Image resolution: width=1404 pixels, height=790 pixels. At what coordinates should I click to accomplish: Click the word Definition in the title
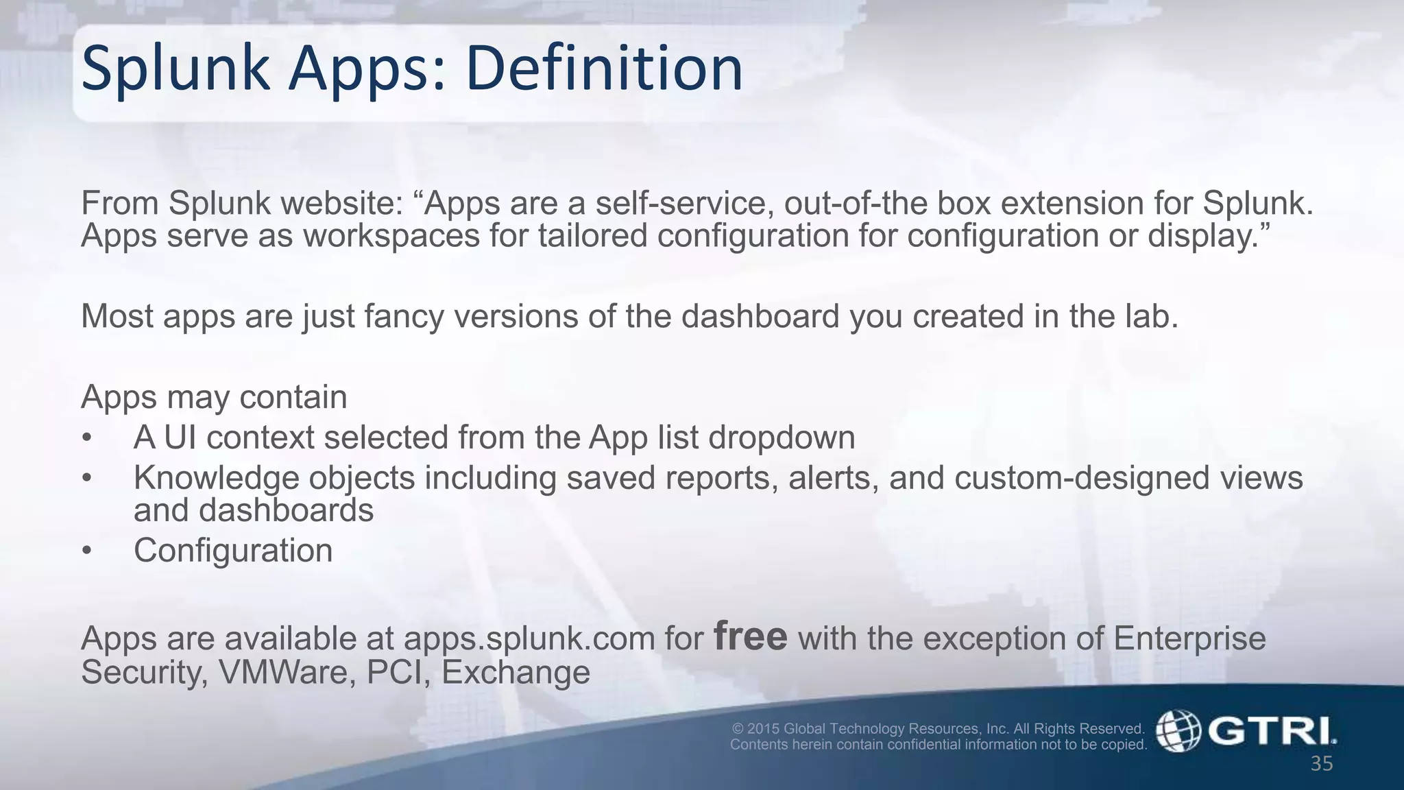pyautogui.click(x=604, y=69)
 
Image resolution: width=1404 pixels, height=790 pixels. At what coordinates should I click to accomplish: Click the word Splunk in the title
pyautogui.click(x=175, y=69)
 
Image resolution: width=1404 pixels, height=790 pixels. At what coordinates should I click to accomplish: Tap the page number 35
pyautogui.click(x=1322, y=764)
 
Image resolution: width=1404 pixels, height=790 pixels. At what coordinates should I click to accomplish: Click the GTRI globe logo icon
pyautogui.click(x=1178, y=731)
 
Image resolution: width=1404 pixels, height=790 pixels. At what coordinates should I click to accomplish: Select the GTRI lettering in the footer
pyautogui.click(x=1272, y=731)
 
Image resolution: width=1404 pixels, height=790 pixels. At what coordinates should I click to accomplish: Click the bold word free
pyautogui.click(x=750, y=636)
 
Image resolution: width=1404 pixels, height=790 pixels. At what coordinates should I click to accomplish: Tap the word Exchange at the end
pyautogui.click(x=516, y=672)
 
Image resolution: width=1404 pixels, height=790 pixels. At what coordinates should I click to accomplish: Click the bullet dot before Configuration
pyautogui.click(x=86, y=551)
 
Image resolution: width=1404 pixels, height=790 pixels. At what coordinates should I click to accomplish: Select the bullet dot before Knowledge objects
pyautogui.click(x=86, y=479)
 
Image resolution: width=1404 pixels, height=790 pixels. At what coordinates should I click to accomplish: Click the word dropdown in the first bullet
pyautogui.click(x=782, y=438)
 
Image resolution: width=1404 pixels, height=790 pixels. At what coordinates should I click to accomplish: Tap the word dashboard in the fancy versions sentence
pyautogui.click(x=760, y=316)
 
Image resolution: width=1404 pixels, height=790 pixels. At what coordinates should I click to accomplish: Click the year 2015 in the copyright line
pyautogui.click(x=764, y=729)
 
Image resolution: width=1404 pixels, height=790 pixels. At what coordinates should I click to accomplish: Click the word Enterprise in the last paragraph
pyautogui.click(x=1189, y=639)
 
